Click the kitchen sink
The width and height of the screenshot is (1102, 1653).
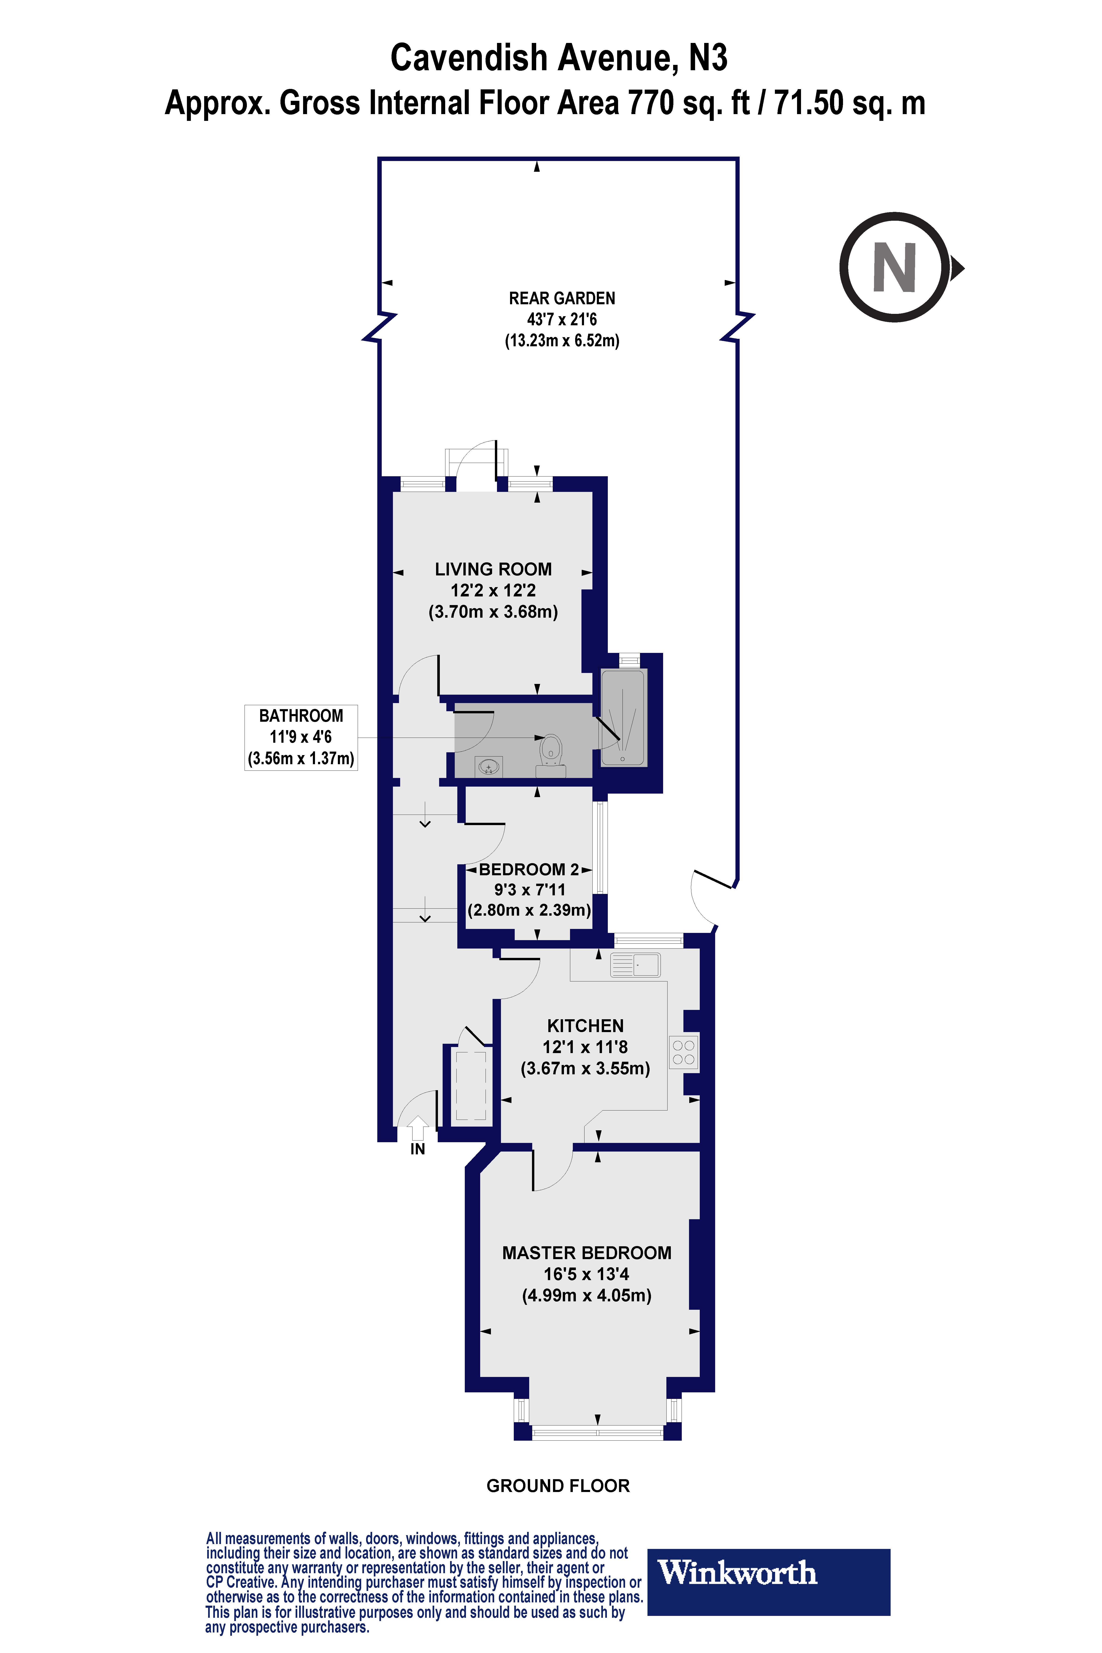[635, 965]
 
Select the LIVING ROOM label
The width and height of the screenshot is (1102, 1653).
[493, 569]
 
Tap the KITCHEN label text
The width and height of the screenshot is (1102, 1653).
[585, 1026]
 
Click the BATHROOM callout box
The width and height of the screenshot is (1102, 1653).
[301, 737]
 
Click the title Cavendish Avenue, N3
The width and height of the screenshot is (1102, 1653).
[559, 58]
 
